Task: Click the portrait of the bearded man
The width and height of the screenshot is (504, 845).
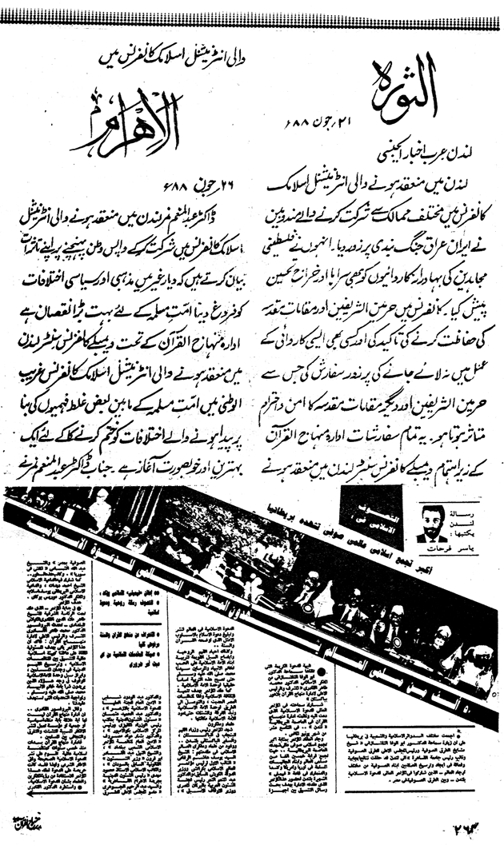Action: (x=431, y=525)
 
